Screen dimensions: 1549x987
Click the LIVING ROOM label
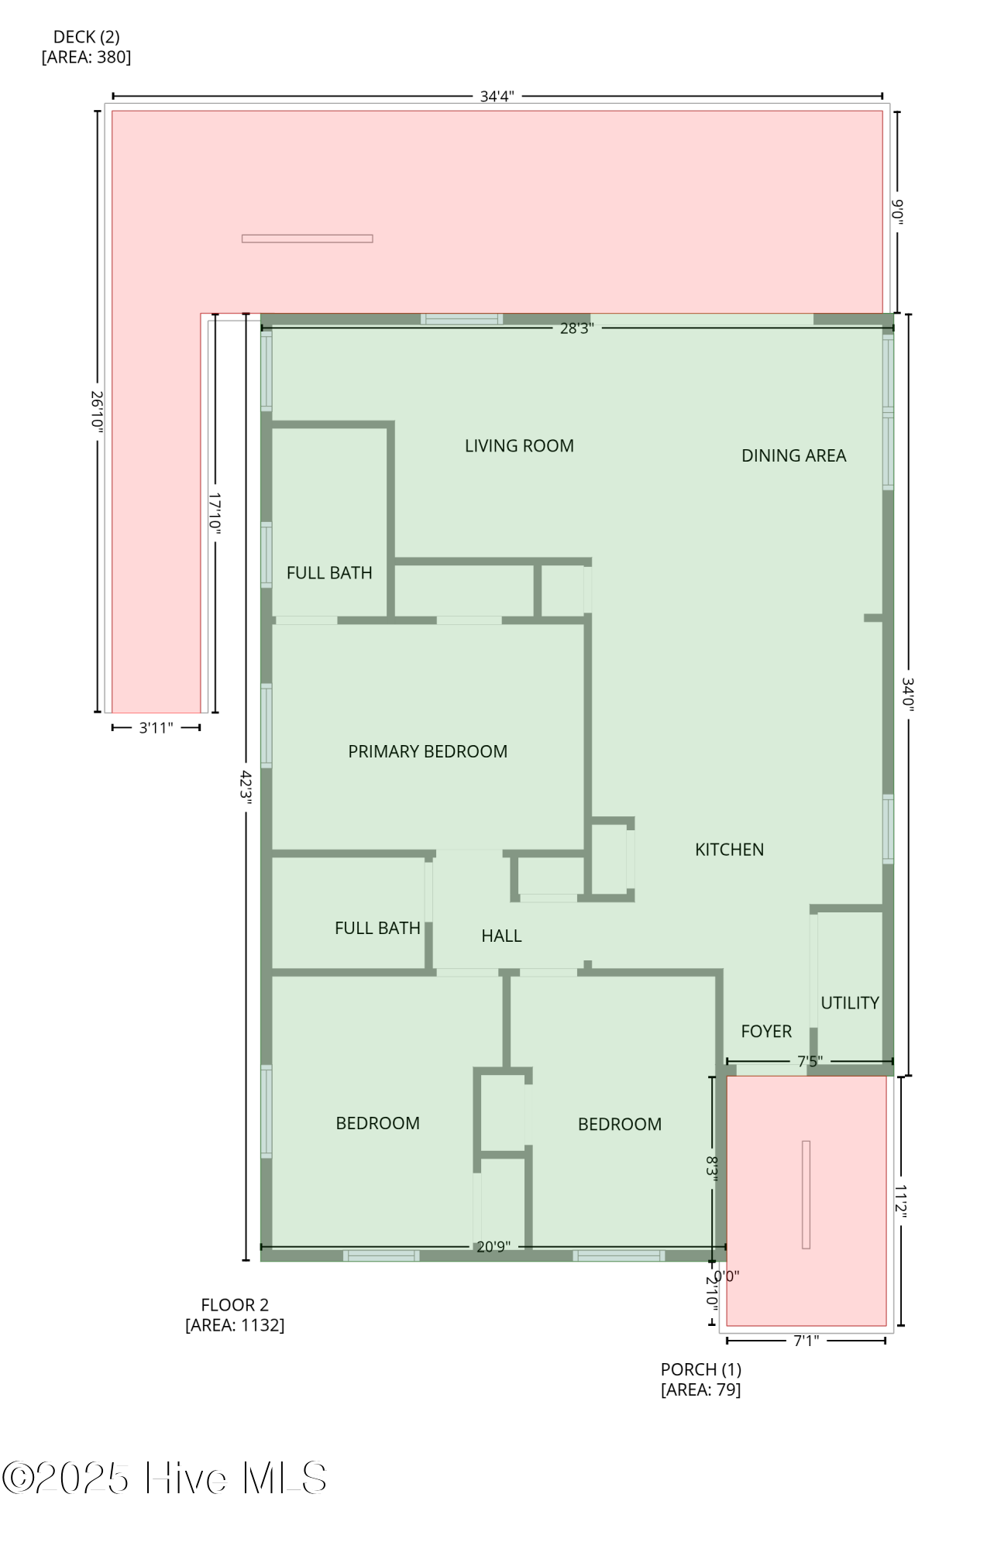point(519,446)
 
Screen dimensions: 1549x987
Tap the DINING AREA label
point(793,456)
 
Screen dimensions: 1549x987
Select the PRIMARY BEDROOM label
point(428,751)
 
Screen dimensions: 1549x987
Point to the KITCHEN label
point(729,850)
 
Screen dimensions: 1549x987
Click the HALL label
point(501,936)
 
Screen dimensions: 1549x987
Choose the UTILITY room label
point(850,1003)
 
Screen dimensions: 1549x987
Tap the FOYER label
point(766,1032)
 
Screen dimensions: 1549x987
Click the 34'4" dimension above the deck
point(497,97)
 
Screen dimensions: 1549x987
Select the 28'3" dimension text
point(577,328)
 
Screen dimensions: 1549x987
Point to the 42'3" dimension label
point(246,787)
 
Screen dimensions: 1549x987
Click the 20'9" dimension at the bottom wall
point(493,1247)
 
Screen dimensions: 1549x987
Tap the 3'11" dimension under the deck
point(156,728)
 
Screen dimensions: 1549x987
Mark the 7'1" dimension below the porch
point(806,1341)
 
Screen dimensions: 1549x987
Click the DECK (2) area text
point(86,47)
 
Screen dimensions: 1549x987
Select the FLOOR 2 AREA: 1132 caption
point(235,1314)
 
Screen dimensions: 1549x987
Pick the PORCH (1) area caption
point(700,1379)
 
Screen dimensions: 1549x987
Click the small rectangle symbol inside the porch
point(806,1194)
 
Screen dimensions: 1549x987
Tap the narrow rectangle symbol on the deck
point(307,239)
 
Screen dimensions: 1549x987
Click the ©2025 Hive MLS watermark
point(164,1478)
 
